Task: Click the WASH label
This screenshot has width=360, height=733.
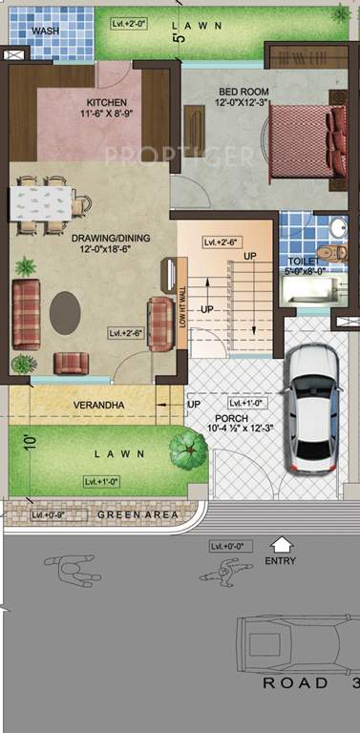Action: coord(44,31)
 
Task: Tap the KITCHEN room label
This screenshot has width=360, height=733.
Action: coord(106,102)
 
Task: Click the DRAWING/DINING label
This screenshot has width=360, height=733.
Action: coord(97,241)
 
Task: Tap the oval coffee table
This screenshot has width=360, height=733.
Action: coord(65,311)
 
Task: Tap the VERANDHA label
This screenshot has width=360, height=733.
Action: coord(99,406)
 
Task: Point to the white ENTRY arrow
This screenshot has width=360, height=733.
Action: coord(281,544)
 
